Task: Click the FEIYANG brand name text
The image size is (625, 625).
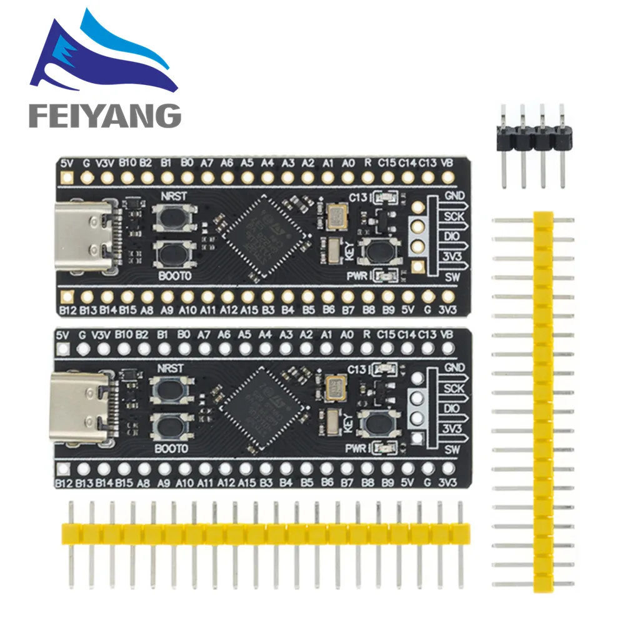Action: click(x=104, y=116)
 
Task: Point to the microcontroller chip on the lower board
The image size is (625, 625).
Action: click(x=266, y=406)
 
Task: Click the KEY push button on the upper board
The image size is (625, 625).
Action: click(x=378, y=251)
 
